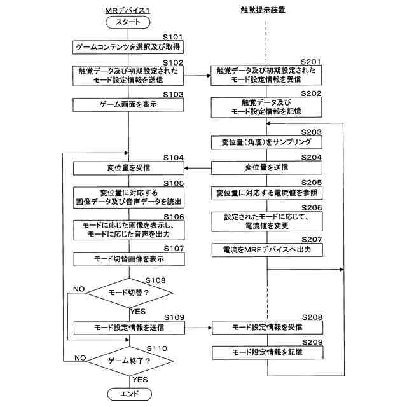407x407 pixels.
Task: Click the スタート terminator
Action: tap(128, 22)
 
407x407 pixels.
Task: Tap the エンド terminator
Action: tap(130, 394)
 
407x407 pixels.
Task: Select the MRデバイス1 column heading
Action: tap(127, 10)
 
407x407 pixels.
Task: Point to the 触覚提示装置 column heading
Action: tap(263, 10)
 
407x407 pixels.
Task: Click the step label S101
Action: tap(172, 37)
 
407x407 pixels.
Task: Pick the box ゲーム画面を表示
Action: tap(128, 104)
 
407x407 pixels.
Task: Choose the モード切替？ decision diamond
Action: tap(129, 293)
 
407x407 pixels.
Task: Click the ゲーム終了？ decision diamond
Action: tap(130, 361)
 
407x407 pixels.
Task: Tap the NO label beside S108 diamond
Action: tap(79, 289)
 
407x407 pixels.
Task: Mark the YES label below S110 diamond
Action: tap(140, 380)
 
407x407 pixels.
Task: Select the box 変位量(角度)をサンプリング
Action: tap(266, 142)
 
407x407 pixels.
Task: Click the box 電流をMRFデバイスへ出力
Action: tap(267, 250)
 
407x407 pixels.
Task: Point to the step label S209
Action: tap(312, 342)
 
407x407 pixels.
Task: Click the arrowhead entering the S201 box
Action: tap(209, 76)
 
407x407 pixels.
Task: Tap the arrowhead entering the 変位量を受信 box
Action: tap(186, 168)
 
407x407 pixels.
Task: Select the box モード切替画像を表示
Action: tap(129, 259)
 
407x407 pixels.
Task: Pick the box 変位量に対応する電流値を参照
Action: tap(267, 193)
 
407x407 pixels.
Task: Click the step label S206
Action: tap(312, 208)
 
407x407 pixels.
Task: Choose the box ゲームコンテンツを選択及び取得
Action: tap(128, 47)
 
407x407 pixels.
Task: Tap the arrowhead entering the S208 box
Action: tap(210, 328)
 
